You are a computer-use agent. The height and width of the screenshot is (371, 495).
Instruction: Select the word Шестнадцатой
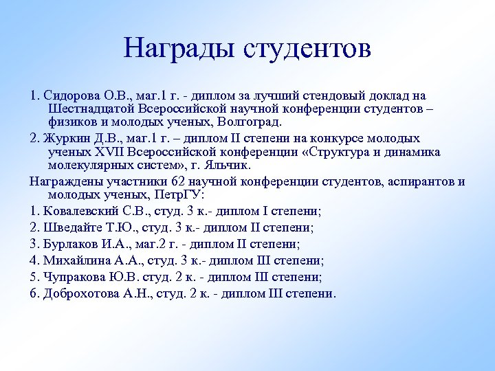(x=91, y=109)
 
